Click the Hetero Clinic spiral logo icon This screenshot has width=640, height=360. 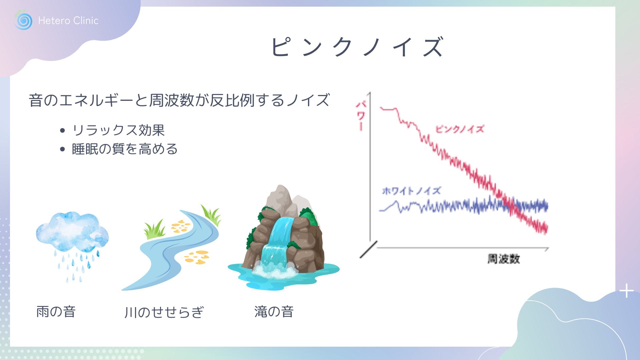click(x=23, y=20)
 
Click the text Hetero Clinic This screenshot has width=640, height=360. click(x=68, y=21)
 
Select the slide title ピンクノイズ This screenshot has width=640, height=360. click(x=357, y=47)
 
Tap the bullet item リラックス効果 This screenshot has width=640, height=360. click(x=118, y=130)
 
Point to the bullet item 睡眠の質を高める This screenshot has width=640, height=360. click(x=125, y=149)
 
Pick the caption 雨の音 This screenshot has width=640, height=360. click(x=56, y=312)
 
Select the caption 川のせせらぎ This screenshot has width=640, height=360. click(x=164, y=312)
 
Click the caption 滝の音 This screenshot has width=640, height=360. click(x=274, y=312)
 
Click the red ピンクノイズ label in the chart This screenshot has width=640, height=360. click(x=460, y=129)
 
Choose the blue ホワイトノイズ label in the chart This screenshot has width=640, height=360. click(x=411, y=191)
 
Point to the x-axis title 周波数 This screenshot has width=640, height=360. click(x=504, y=259)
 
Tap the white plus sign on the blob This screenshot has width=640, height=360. click(x=627, y=291)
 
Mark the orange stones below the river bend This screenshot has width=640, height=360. click(x=197, y=257)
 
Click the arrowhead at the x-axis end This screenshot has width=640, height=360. click(x=547, y=249)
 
